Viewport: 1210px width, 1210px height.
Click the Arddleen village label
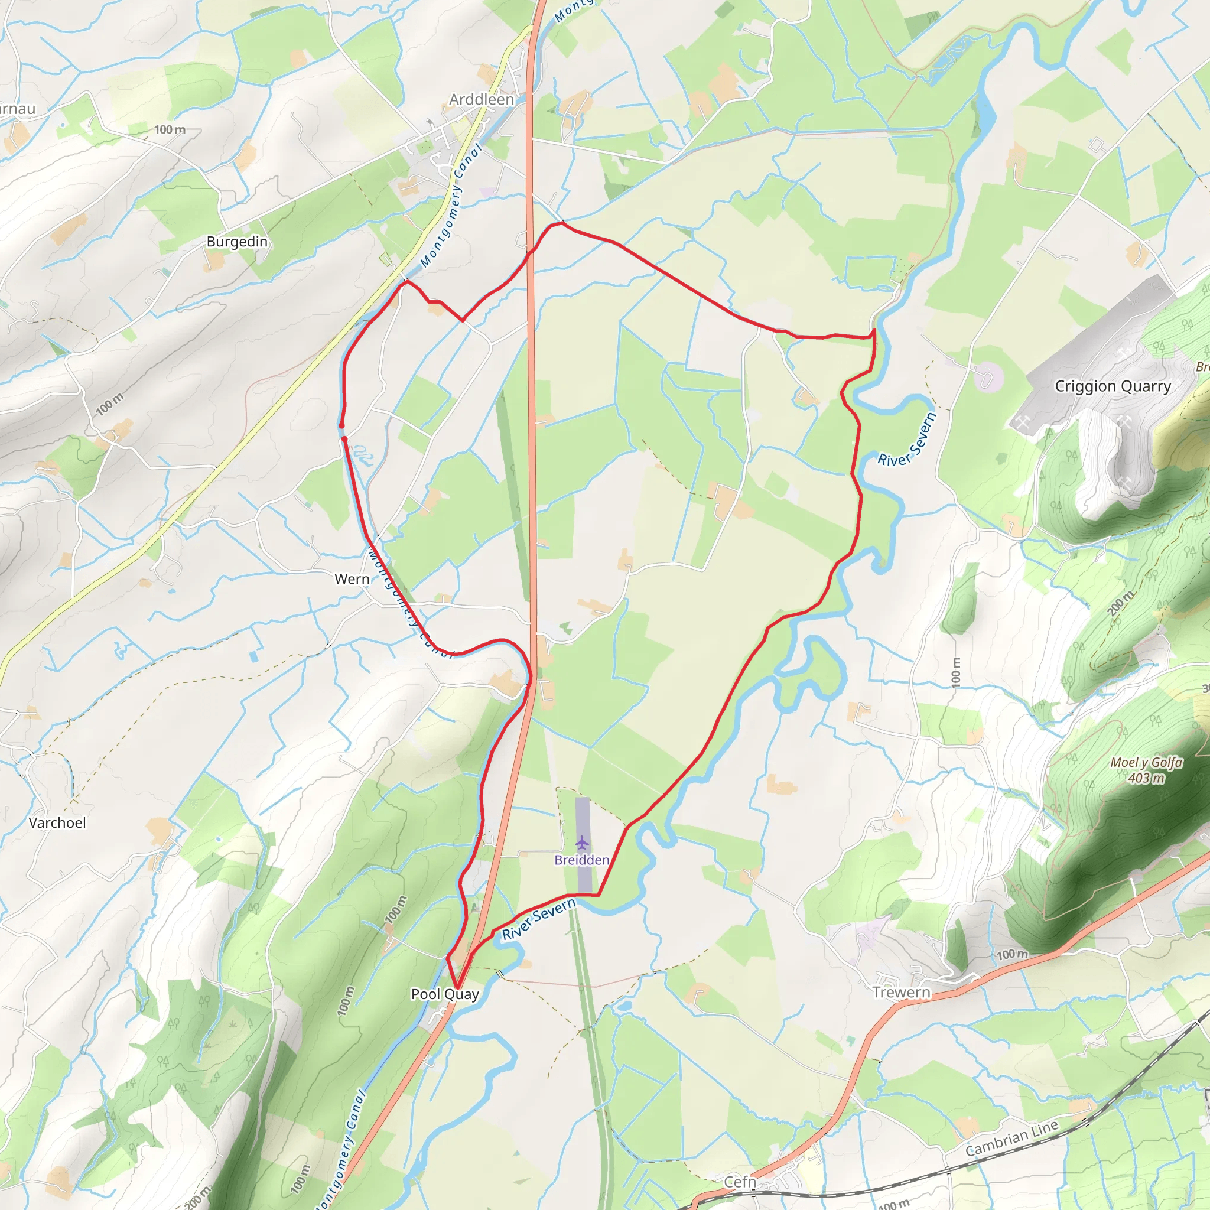(x=482, y=100)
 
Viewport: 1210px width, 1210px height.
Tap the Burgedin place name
(x=237, y=242)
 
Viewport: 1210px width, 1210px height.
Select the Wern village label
(x=352, y=578)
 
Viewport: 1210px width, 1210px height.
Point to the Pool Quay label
(x=445, y=994)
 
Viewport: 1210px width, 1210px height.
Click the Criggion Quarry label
(x=1113, y=386)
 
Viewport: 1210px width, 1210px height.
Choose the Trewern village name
(x=901, y=992)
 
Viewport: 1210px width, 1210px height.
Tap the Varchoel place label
(x=57, y=822)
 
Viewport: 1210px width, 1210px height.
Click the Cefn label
(x=740, y=1182)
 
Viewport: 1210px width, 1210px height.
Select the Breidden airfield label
(x=582, y=860)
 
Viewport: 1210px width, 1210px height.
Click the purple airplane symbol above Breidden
(x=582, y=843)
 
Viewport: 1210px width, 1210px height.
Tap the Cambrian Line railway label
(x=1011, y=1137)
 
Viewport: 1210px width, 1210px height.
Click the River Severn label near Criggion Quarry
(x=906, y=440)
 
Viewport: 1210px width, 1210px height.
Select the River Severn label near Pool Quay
(x=539, y=919)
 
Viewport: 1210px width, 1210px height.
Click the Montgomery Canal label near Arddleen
(x=451, y=206)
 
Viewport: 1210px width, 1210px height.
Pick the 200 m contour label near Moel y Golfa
(x=1120, y=603)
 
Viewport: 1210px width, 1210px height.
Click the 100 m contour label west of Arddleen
(x=170, y=129)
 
